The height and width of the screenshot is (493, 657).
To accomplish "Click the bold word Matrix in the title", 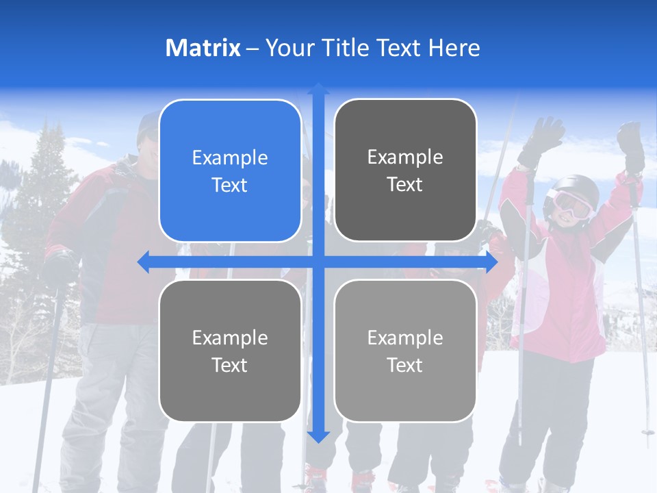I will tap(203, 48).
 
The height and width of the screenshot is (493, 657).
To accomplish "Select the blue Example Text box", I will tap(230, 171).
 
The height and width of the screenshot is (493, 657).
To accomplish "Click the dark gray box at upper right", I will tap(405, 170).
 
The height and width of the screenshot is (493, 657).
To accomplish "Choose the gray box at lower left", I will tap(230, 351).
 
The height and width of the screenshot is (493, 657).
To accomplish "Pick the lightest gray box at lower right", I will tap(405, 351).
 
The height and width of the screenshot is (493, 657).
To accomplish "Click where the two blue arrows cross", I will tap(318, 262).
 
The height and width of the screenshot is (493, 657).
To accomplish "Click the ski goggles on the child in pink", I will tap(570, 203).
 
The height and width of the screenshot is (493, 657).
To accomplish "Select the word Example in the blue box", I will tap(230, 157).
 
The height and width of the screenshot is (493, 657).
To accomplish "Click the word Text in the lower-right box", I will tap(405, 365).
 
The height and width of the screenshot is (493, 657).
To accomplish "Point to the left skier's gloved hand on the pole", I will tap(58, 267).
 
